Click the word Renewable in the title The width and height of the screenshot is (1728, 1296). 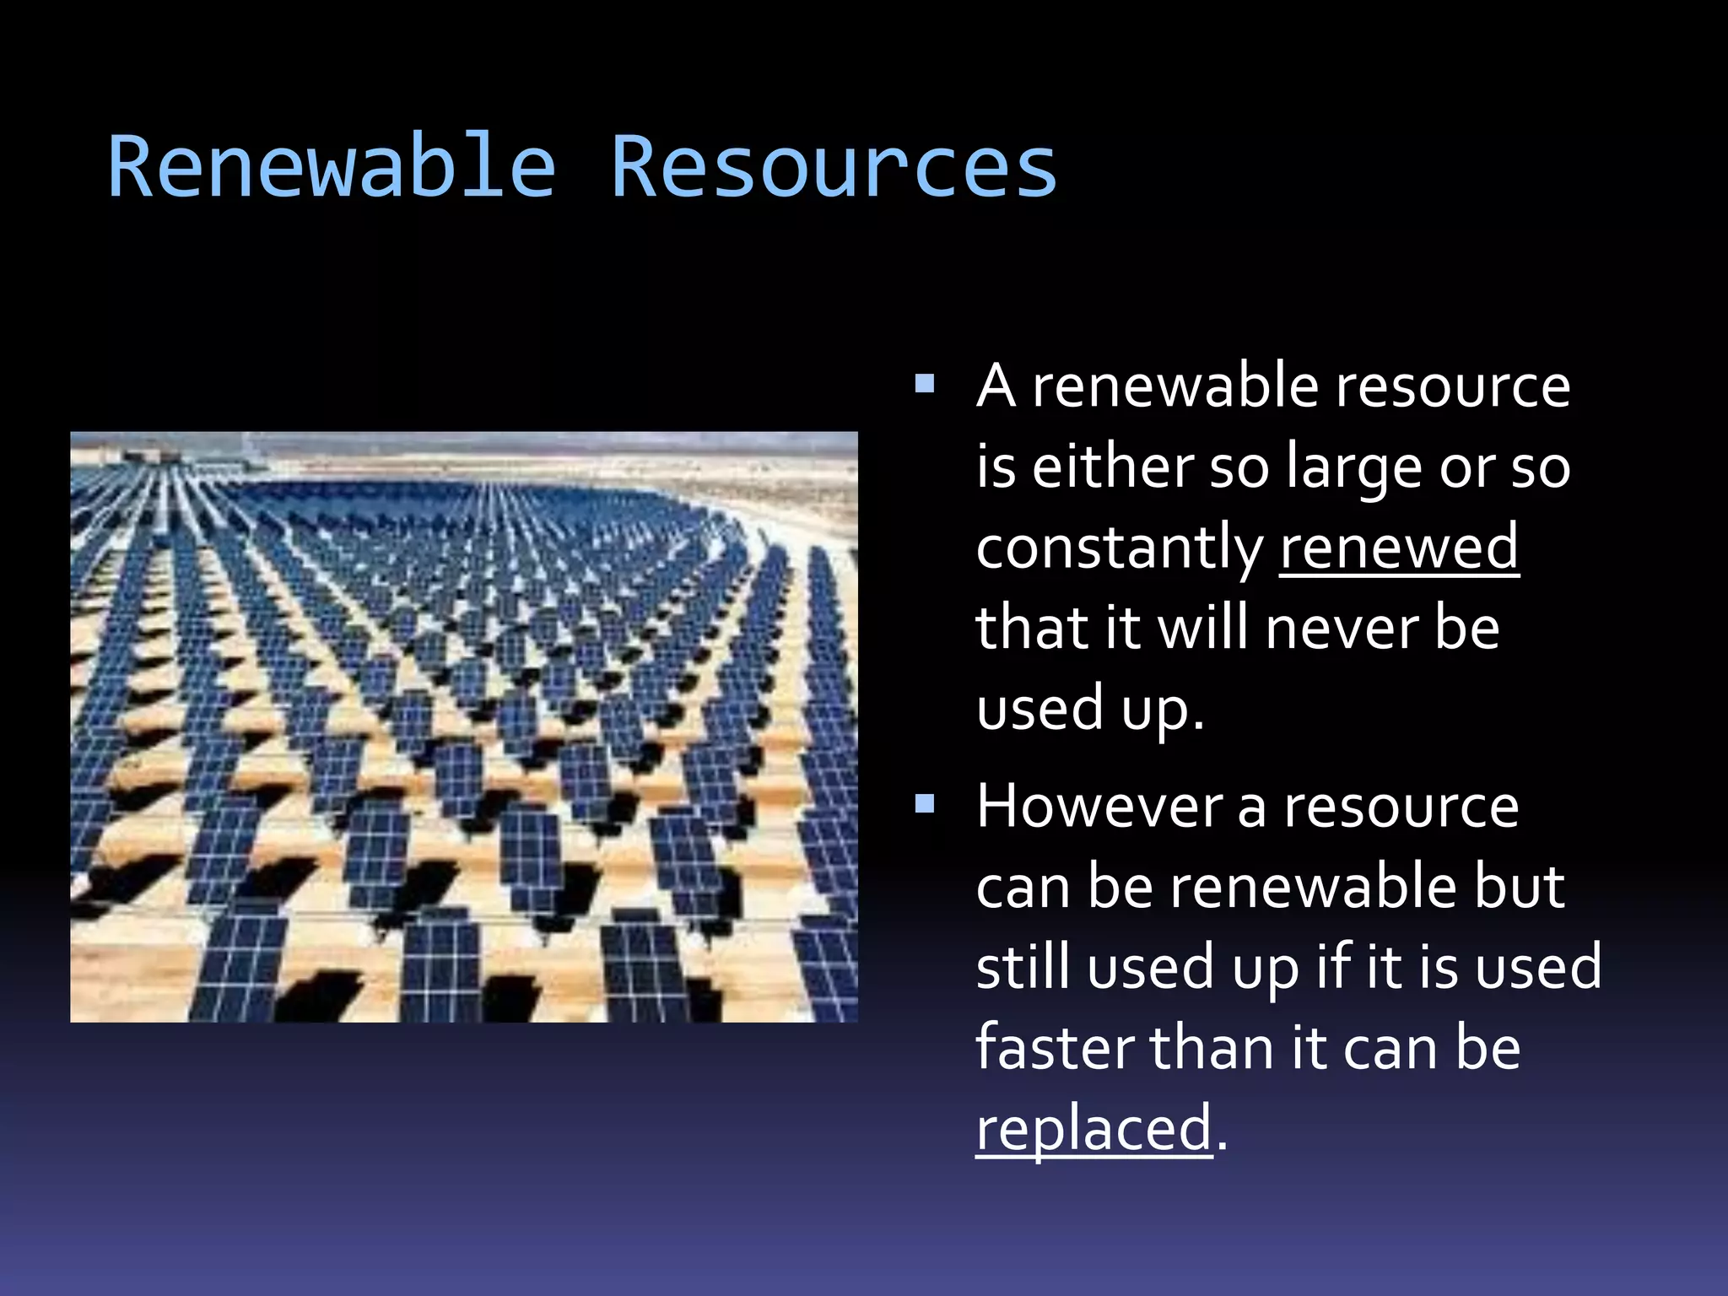coord(332,167)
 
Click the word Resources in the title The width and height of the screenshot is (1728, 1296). coord(833,167)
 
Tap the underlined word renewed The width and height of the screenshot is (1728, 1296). coord(1399,548)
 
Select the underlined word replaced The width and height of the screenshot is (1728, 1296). coord(1093,1129)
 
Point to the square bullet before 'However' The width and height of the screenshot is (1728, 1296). coord(925,804)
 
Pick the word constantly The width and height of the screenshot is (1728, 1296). coord(1119,549)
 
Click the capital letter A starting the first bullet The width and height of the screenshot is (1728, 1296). coord(996,386)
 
